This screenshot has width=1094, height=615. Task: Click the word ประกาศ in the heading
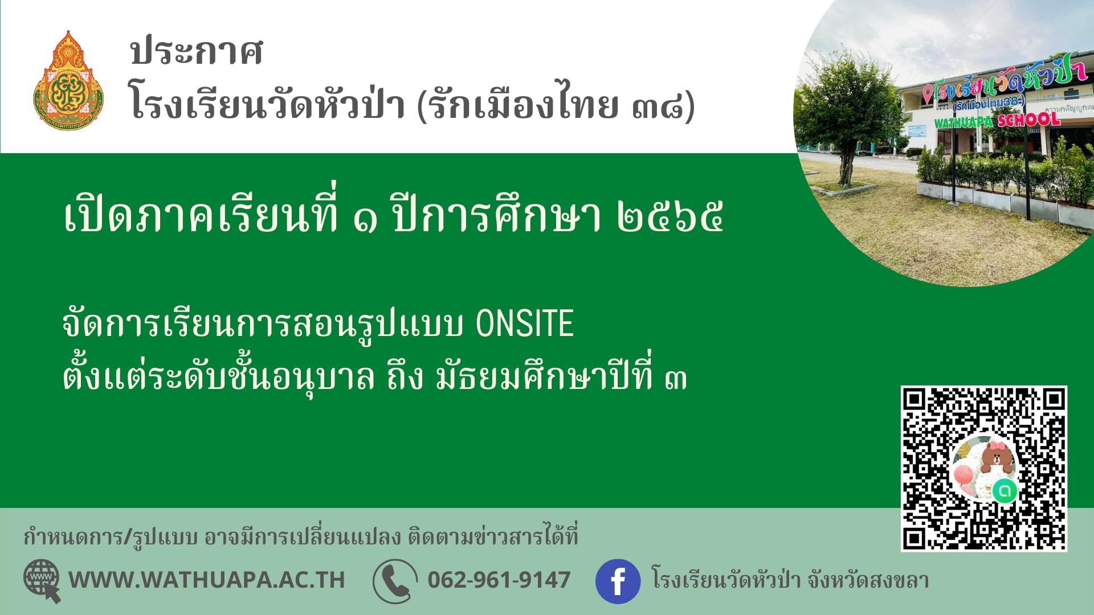tap(197, 54)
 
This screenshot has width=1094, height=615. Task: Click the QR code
tap(983, 469)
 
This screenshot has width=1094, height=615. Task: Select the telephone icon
tap(395, 581)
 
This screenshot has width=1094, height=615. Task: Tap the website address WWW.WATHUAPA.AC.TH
tap(207, 580)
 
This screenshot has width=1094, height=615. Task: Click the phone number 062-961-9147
tap(499, 580)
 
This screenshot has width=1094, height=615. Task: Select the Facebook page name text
tap(790, 580)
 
